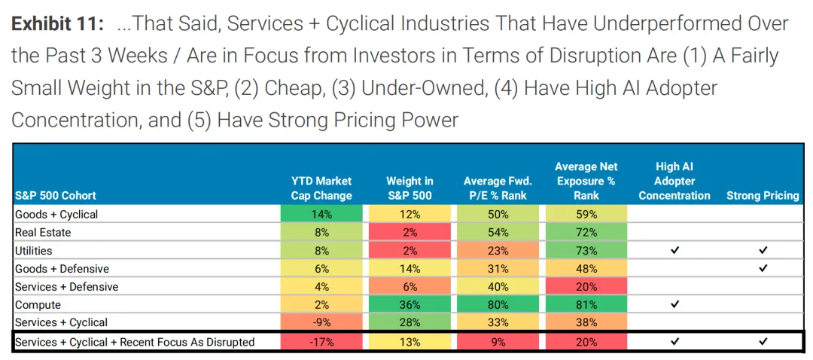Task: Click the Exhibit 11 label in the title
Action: pos(57,24)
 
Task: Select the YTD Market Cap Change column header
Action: pos(321,188)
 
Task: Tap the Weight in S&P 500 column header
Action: pos(410,188)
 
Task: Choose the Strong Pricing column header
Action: pos(763,196)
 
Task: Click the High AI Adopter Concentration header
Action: pos(674,181)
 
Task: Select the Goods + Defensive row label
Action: pos(62,269)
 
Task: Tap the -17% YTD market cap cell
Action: pos(321,342)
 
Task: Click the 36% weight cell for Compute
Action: pos(410,305)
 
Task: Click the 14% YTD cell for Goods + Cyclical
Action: pos(321,215)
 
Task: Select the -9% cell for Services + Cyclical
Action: pos(321,323)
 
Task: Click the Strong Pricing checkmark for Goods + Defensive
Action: pos(763,269)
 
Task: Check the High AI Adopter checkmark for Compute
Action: pos(674,305)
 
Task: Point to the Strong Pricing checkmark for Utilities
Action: pos(763,251)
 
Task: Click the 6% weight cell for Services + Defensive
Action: pos(410,287)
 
